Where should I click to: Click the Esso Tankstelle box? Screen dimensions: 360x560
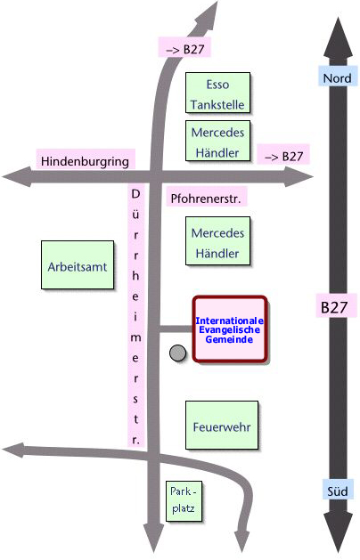[x=217, y=93]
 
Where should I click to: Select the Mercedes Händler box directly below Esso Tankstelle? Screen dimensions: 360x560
[x=217, y=141]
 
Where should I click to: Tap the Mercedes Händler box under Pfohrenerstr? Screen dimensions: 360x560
[x=217, y=241]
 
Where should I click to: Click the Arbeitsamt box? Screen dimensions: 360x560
[x=78, y=265]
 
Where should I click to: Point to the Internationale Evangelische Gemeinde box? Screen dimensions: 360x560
[x=230, y=329]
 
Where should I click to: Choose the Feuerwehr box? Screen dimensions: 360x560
[x=222, y=425]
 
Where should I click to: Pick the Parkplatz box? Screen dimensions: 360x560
[x=184, y=501]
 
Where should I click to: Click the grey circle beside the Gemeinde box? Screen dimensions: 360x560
[x=177, y=353]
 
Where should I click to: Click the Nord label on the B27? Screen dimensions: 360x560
[x=338, y=77]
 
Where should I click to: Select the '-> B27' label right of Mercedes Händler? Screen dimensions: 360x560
[x=283, y=155]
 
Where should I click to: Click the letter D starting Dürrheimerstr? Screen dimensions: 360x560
[x=135, y=194]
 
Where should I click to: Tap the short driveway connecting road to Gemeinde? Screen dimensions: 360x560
[x=176, y=329]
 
